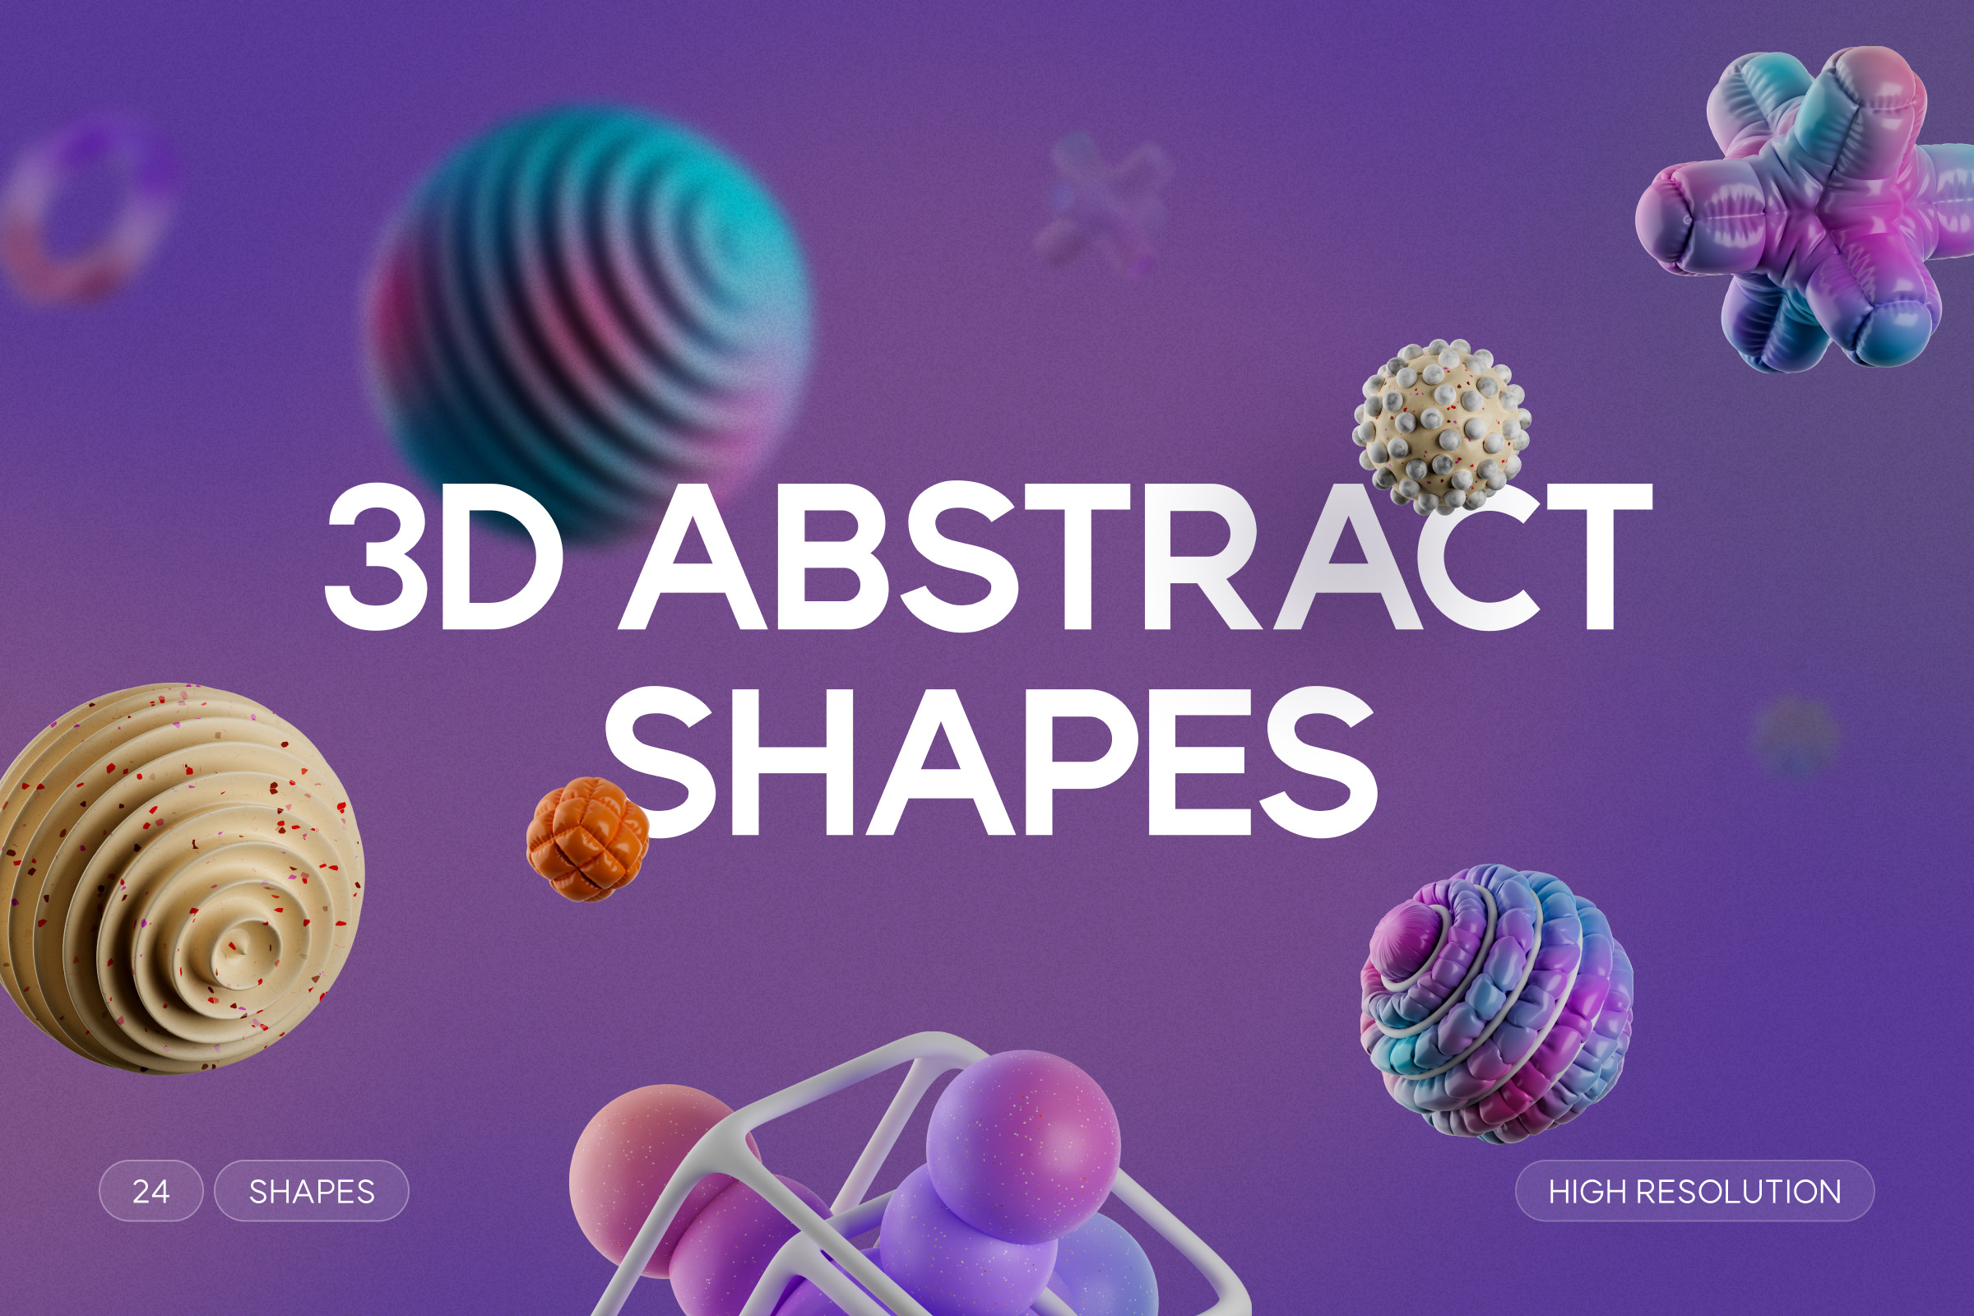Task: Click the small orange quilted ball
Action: coord(586,838)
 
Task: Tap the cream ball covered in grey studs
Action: coord(1441,426)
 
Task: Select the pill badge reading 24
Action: coord(151,1191)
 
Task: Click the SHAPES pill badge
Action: coord(312,1191)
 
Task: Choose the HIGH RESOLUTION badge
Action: coord(1694,1191)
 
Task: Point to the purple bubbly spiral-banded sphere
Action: coord(1496,1003)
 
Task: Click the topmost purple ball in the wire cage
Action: coord(1022,1146)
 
